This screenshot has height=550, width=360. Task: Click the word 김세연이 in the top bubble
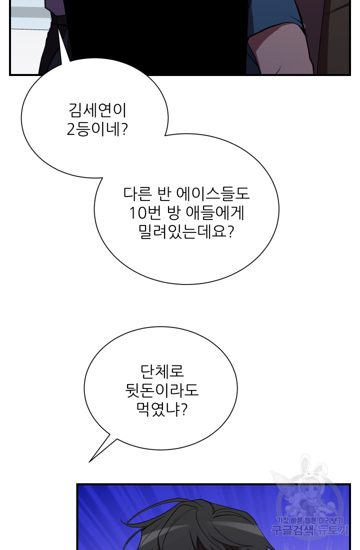[97, 110]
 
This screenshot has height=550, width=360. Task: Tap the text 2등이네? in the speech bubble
[97, 130]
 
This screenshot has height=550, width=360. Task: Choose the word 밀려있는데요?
[186, 232]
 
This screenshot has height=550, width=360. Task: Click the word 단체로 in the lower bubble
[162, 371]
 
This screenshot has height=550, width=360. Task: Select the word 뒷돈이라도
[162, 390]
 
